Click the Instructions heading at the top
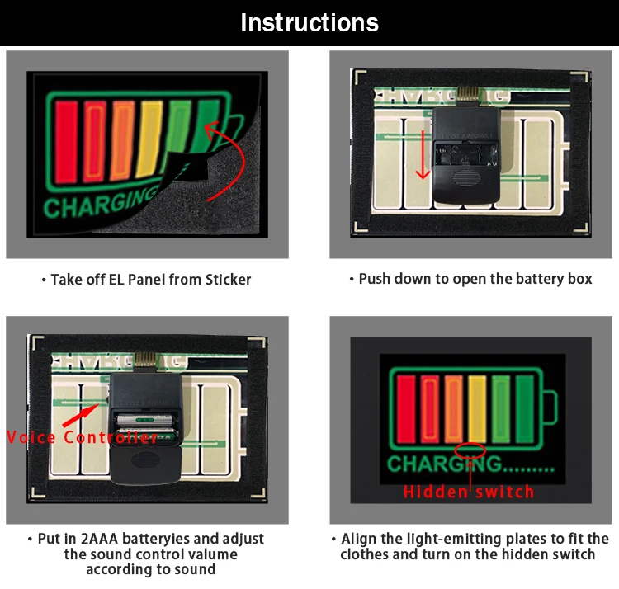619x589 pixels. pyautogui.click(x=309, y=22)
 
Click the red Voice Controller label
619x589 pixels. pyautogui.click(x=82, y=437)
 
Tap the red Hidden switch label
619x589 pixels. pyautogui.click(x=468, y=492)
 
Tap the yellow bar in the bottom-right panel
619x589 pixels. pyautogui.click(x=477, y=409)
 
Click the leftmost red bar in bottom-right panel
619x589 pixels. pyautogui.click(x=406, y=409)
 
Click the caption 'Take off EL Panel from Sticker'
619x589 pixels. pyautogui.click(x=147, y=280)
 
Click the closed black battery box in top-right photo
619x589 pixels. pyautogui.click(x=463, y=157)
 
